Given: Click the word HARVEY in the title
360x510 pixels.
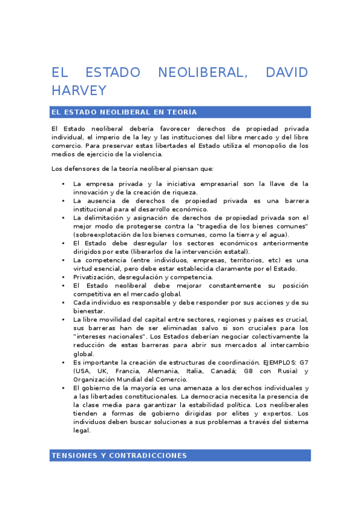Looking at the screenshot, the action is [x=79, y=91].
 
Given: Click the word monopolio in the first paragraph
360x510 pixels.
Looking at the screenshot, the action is [x=268, y=146].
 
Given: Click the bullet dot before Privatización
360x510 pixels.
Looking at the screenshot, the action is [x=63, y=277].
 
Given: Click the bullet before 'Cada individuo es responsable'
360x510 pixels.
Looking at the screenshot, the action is [x=63, y=303].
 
